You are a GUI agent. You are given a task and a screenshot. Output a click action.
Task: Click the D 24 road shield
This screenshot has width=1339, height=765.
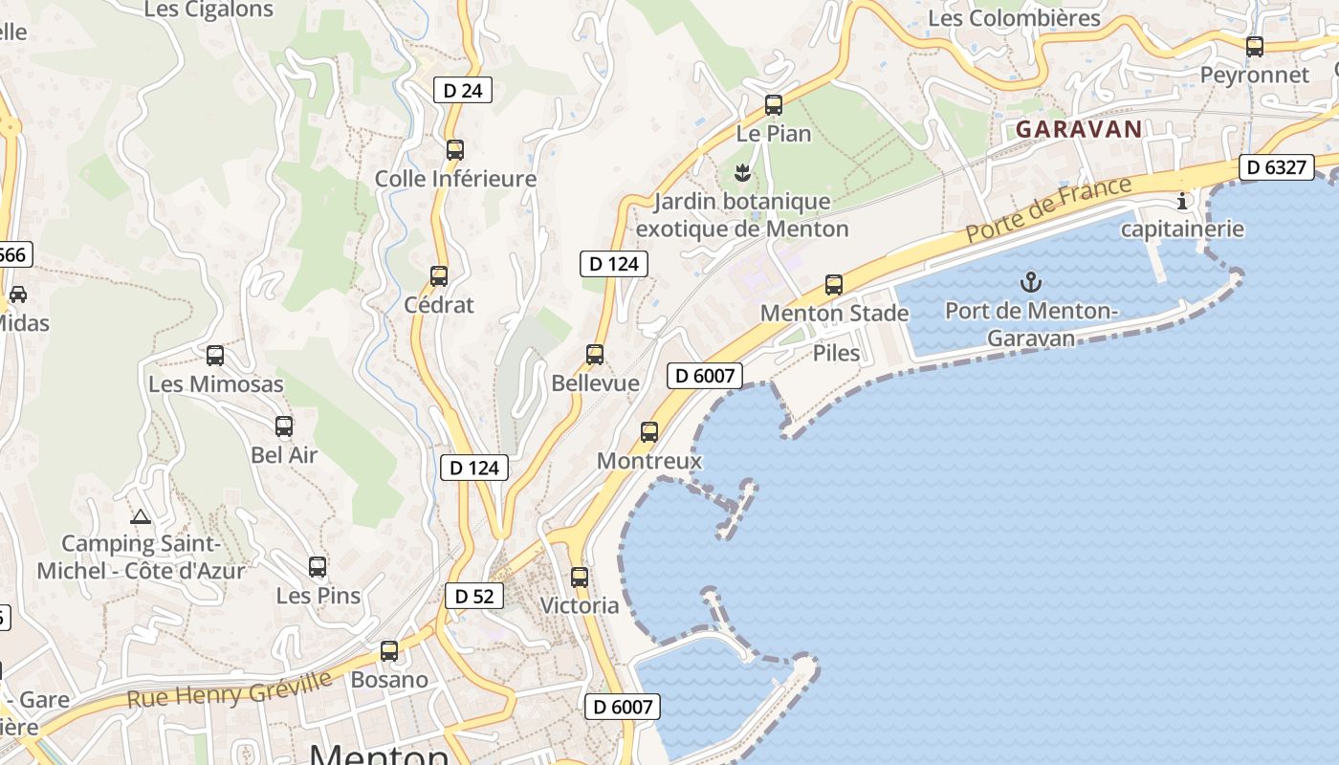click(463, 91)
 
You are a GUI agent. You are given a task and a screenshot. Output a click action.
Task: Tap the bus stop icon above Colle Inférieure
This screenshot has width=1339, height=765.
click(455, 150)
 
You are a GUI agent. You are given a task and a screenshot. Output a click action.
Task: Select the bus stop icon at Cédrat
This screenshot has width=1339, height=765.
click(439, 276)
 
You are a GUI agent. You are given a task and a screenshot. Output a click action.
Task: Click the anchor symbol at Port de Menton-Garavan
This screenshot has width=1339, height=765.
click(1030, 282)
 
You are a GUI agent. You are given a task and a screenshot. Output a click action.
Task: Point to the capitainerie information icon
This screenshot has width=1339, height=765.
click(1182, 201)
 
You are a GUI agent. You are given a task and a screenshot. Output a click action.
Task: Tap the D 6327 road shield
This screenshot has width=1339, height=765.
click(1277, 167)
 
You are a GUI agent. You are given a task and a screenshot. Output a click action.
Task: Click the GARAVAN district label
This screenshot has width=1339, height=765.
click(1079, 129)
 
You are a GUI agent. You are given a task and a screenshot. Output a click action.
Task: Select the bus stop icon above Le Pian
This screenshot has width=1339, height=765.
click(774, 105)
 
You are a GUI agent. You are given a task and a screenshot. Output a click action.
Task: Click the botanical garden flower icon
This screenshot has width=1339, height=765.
click(741, 173)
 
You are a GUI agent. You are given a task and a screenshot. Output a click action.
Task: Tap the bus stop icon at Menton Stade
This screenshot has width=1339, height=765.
click(834, 285)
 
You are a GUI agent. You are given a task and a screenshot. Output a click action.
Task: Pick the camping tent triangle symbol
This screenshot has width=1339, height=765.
click(141, 517)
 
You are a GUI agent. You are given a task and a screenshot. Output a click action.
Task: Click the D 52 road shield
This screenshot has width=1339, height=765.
click(473, 596)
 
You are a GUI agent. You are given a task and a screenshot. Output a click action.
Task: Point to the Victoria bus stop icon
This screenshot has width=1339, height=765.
click(580, 578)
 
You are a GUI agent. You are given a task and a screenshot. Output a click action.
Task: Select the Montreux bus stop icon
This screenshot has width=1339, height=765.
click(649, 432)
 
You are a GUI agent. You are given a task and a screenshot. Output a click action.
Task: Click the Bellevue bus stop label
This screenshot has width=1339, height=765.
click(595, 383)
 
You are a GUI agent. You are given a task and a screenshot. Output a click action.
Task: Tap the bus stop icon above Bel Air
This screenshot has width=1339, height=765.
click(284, 426)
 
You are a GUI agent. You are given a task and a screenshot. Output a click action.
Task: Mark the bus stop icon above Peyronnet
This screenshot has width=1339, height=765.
click(1255, 46)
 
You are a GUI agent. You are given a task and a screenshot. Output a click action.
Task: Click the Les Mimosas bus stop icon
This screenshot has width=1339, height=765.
click(215, 356)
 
